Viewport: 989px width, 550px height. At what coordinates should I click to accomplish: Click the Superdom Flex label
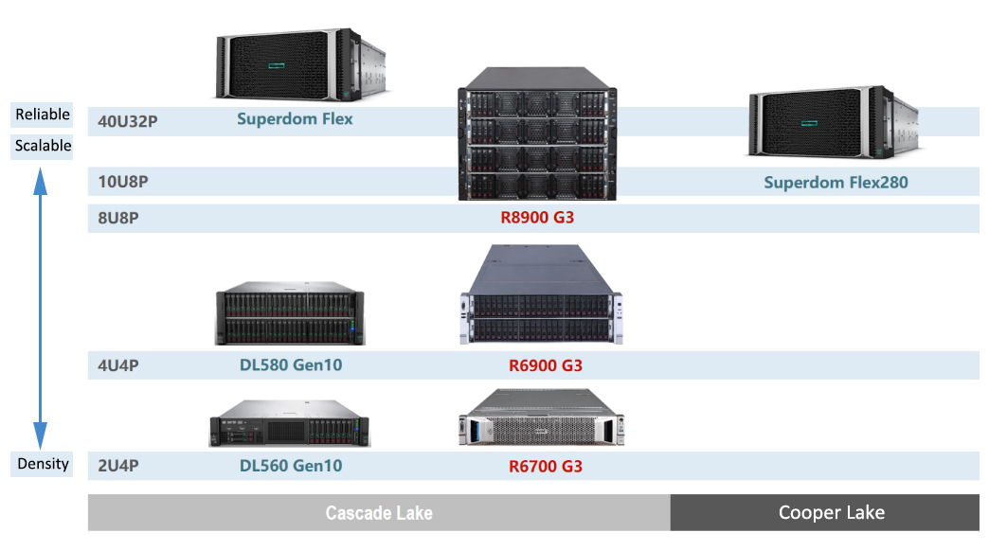pyautogui.click(x=295, y=119)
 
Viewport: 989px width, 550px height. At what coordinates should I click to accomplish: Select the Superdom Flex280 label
pyautogui.click(x=836, y=182)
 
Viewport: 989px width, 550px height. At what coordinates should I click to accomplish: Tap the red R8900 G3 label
pyautogui.click(x=537, y=218)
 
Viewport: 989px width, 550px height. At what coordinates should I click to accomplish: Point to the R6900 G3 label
pyautogui.click(x=545, y=365)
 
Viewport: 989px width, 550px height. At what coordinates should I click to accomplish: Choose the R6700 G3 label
pyautogui.click(x=545, y=466)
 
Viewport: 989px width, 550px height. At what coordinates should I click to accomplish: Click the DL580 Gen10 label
pyautogui.click(x=291, y=365)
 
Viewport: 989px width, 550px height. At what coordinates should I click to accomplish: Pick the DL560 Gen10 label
pyautogui.click(x=291, y=466)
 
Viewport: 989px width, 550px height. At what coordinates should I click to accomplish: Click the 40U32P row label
pyautogui.click(x=128, y=121)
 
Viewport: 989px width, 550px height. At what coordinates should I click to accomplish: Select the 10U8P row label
pyautogui.click(x=123, y=181)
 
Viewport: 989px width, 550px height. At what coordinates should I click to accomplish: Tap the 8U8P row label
pyautogui.click(x=119, y=218)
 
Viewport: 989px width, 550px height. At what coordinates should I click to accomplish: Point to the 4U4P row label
pyautogui.click(x=119, y=365)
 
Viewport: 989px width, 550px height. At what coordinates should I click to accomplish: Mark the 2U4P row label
pyautogui.click(x=119, y=466)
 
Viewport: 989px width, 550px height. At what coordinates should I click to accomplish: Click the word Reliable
pyautogui.click(x=43, y=115)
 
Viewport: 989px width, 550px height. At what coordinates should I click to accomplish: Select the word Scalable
pyautogui.click(x=43, y=146)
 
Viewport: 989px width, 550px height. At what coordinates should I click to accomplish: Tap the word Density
pyautogui.click(x=43, y=464)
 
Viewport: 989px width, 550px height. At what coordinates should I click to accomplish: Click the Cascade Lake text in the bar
pyautogui.click(x=379, y=513)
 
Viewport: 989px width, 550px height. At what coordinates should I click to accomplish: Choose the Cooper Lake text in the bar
pyautogui.click(x=831, y=513)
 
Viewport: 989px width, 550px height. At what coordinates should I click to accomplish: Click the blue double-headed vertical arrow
pyautogui.click(x=41, y=303)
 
